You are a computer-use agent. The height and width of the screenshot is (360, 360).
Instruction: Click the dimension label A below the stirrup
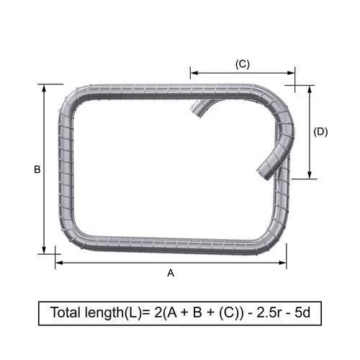(x=171, y=274)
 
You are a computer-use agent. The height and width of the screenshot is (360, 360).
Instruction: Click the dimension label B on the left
(x=37, y=170)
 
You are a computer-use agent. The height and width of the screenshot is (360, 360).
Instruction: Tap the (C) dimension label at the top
(x=243, y=64)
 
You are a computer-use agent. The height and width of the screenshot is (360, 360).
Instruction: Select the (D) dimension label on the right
(x=320, y=132)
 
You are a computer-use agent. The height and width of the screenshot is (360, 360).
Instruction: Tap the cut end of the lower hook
(x=262, y=173)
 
